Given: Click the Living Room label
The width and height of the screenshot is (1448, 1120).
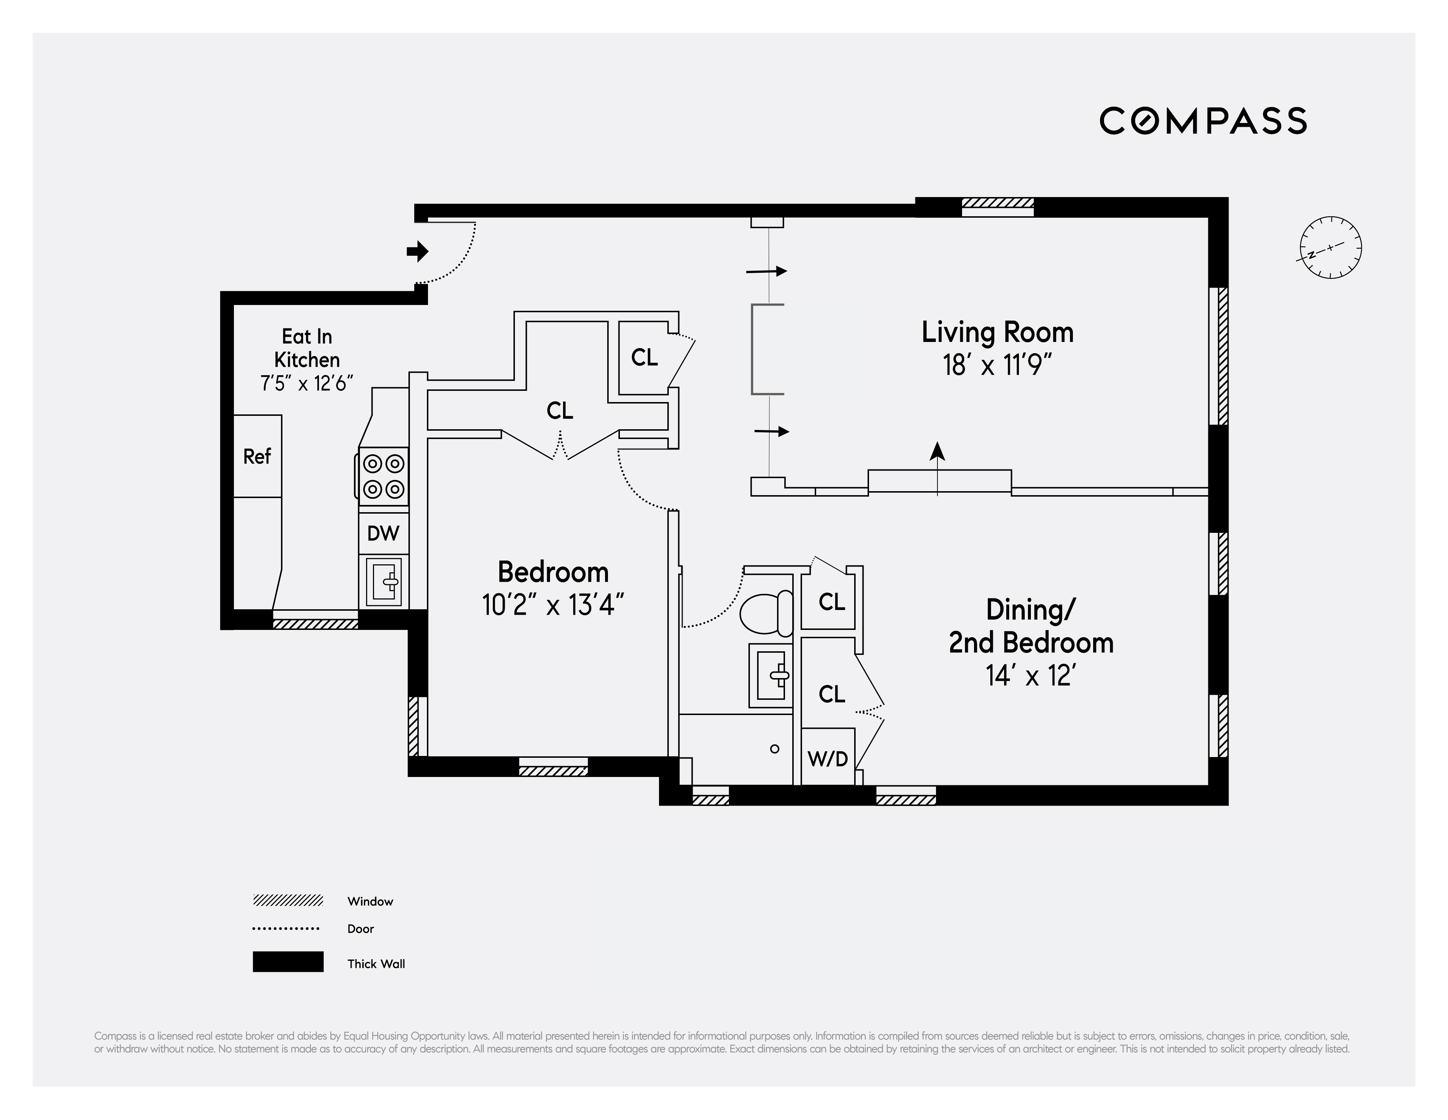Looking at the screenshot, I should point(997,332).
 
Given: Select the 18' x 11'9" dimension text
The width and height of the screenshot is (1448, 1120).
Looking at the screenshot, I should point(997,365).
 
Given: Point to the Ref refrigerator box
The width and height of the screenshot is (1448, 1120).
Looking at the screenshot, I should point(257,456).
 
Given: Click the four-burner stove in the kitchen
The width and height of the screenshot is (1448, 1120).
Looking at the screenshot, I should point(383,476).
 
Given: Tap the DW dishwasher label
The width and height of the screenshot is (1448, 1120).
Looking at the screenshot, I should point(383,532).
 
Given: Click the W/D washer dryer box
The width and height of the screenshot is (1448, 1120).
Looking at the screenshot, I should point(827,758).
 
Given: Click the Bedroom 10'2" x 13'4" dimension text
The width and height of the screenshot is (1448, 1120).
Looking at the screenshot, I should point(553,605).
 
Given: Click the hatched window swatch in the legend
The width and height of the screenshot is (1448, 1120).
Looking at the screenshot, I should point(288,900).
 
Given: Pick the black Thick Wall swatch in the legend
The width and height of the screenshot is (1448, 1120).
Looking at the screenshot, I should point(288,961).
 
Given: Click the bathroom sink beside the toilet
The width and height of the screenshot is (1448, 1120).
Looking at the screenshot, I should point(771,675).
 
